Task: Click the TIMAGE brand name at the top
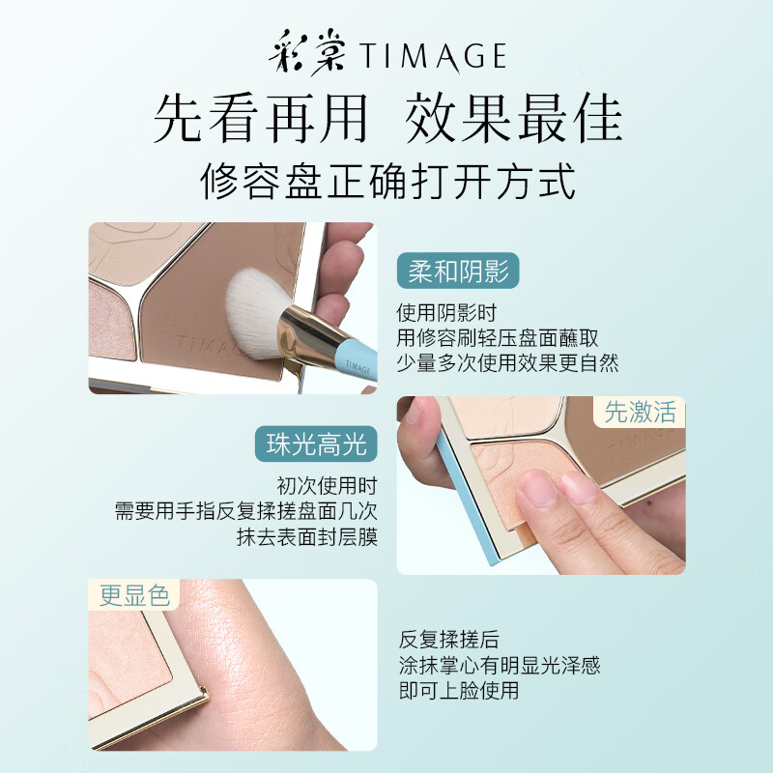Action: [434, 56]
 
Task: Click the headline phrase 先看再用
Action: [260, 119]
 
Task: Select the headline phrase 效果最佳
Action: [513, 119]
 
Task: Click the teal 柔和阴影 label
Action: [458, 272]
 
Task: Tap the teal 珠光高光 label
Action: [317, 444]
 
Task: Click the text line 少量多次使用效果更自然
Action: [507, 363]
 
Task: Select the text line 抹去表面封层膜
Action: [306, 537]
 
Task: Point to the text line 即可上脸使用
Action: [459, 690]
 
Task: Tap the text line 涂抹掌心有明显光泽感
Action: [500, 665]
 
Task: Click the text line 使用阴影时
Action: [445, 313]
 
